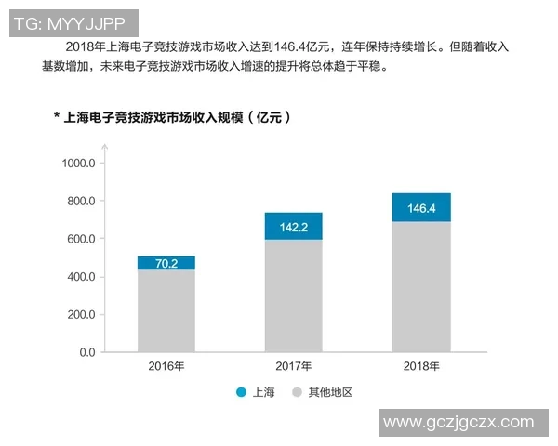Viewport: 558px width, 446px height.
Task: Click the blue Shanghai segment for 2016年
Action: [x=166, y=263]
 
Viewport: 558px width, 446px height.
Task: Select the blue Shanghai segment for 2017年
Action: [x=294, y=226]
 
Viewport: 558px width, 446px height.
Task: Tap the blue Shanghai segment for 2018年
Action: [x=421, y=207]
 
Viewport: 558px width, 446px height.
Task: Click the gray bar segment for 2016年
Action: [x=166, y=311]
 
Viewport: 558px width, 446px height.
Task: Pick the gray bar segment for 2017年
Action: [x=294, y=296]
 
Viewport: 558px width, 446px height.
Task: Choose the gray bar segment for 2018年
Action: [x=421, y=287]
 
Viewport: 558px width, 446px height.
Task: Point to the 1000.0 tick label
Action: [x=78, y=164]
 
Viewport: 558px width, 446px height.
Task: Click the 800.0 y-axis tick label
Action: [x=81, y=202]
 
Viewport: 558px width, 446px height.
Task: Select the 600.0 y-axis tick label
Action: [x=81, y=239]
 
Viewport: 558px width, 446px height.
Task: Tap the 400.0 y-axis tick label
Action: [x=81, y=277]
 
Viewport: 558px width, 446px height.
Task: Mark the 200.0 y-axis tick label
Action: [x=81, y=315]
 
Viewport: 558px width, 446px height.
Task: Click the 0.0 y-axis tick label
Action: [x=86, y=353]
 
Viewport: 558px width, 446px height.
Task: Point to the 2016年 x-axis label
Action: [x=166, y=365]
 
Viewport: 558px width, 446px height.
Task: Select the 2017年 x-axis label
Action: [x=294, y=365]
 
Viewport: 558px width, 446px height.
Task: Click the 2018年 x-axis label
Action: [x=421, y=365]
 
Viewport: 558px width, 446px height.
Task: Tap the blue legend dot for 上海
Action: [x=242, y=393]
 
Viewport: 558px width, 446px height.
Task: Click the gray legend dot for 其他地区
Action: [x=299, y=393]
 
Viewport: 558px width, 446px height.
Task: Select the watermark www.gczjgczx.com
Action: [x=458, y=422]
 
